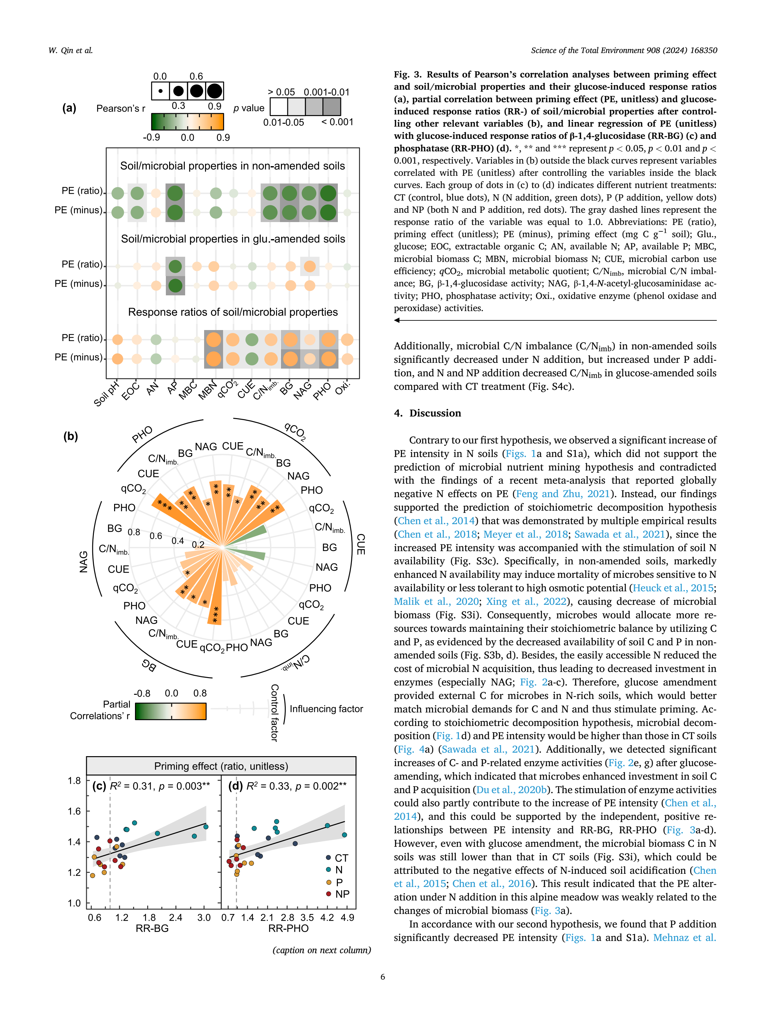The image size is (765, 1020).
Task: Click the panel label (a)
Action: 69,108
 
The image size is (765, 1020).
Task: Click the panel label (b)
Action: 70,436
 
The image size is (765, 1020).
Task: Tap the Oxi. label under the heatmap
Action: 343,388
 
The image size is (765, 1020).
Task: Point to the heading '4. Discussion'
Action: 428,413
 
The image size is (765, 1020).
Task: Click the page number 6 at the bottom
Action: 382,976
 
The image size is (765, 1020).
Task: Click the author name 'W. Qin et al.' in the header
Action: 70,50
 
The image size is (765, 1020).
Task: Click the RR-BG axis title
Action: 152,928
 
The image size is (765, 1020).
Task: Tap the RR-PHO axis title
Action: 288,928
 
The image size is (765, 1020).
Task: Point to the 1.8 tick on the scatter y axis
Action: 74,781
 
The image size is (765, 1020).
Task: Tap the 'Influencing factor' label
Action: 326,709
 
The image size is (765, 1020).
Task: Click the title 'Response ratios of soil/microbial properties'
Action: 233,312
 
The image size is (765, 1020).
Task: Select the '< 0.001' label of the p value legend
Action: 337,122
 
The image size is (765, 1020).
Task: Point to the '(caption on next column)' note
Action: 321,950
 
